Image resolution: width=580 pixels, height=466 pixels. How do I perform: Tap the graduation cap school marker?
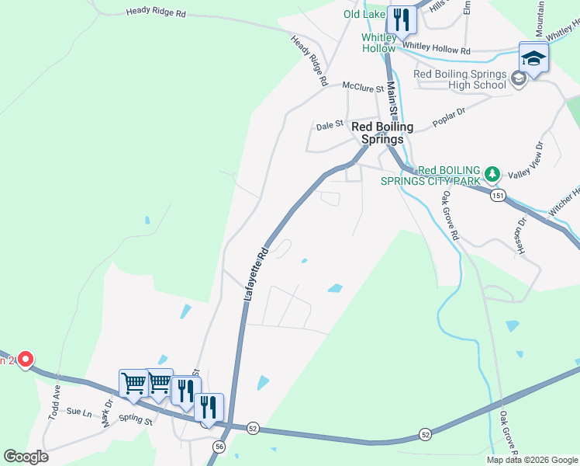pyautogui.click(x=533, y=58)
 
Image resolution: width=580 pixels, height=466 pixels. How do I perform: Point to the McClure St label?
pyautogui.click(x=364, y=89)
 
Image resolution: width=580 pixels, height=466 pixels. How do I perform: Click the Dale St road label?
pyautogui.click(x=330, y=124)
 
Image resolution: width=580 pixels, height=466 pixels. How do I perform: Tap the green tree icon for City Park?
pyautogui.click(x=490, y=172)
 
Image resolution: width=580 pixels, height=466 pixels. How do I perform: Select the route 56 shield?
pyautogui.click(x=219, y=446)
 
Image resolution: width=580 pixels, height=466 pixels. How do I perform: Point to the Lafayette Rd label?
pyautogui.click(x=254, y=274)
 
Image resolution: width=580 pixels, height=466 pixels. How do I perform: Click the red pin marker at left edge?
pyautogui.click(x=25, y=359)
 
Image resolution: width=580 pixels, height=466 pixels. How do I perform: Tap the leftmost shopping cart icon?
pyautogui.click(x=133, y=383)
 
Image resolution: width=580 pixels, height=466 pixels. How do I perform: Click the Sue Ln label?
pyautogui.click(x=79, y=411)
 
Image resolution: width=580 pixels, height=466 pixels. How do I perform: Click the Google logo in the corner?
pyautogui.click(x=26, y=457)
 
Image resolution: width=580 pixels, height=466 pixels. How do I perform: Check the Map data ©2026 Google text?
pyautogui.click(x=531, y=460)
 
